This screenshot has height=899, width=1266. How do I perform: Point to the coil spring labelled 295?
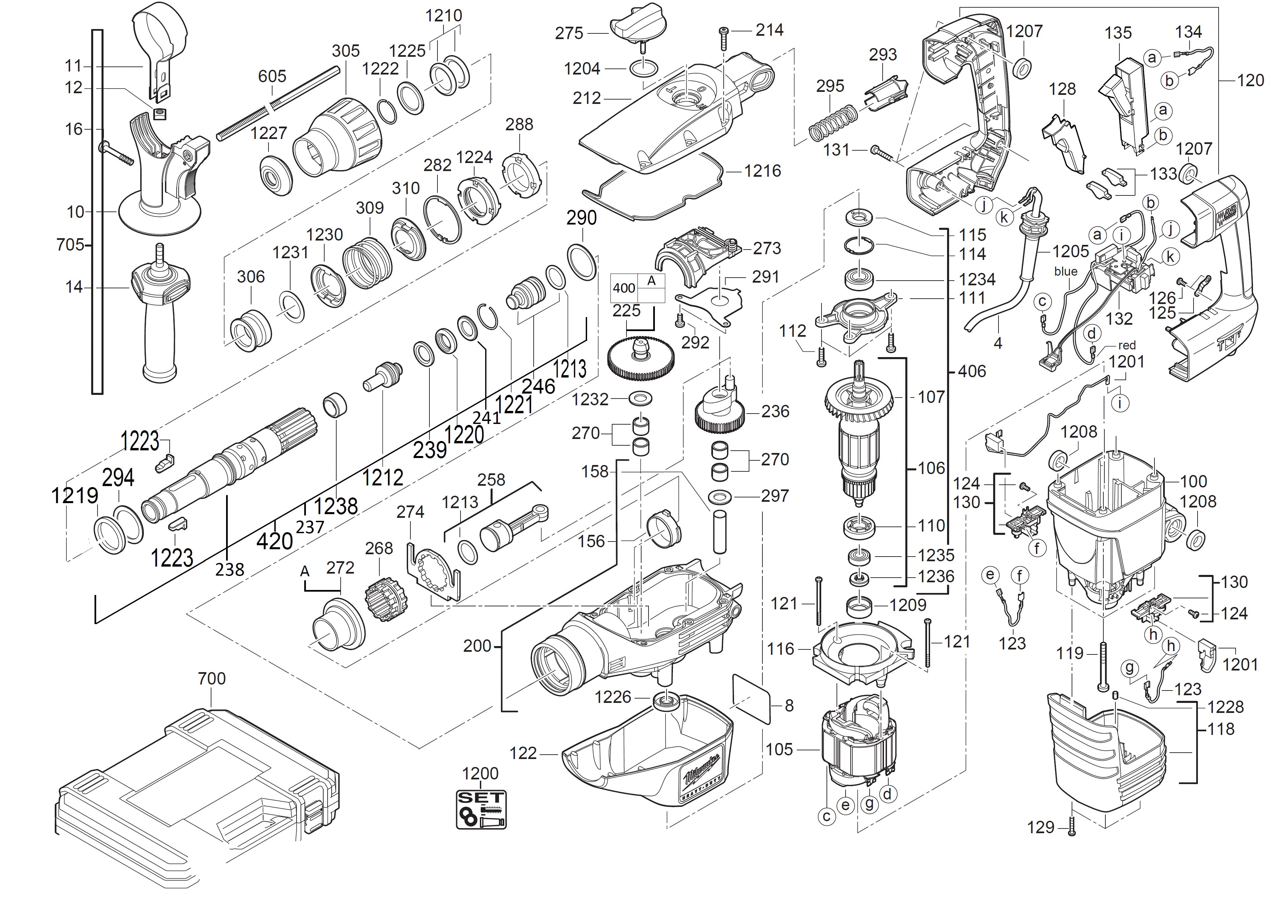[x=833, y=123]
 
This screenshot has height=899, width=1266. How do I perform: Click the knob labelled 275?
[x=638, y=25]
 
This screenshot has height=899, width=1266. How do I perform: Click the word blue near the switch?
[x=1065, y=271]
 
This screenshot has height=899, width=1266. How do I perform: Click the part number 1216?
[x=762, y=171]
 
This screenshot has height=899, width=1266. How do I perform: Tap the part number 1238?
[x=336, y=506]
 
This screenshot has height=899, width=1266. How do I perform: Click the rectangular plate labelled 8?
[x=751, y=699]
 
